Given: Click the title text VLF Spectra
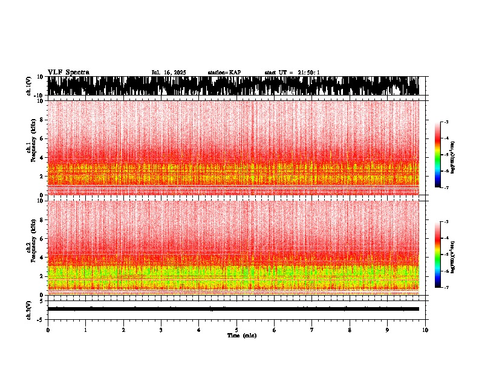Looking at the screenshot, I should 68,72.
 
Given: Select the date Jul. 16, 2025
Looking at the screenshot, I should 169,73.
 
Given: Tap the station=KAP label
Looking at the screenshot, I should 224,73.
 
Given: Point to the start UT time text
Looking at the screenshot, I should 292,73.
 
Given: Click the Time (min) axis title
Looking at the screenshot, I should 241,335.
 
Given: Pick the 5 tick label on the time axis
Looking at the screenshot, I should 236,329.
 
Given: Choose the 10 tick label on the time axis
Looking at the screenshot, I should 425,329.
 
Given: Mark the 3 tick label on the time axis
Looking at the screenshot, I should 161,329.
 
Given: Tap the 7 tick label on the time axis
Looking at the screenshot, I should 312,329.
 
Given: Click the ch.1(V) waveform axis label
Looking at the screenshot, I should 29,86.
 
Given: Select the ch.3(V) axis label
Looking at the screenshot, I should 29,309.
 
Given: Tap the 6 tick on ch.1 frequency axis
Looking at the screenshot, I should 42,138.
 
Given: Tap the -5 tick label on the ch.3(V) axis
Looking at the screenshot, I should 41,319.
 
